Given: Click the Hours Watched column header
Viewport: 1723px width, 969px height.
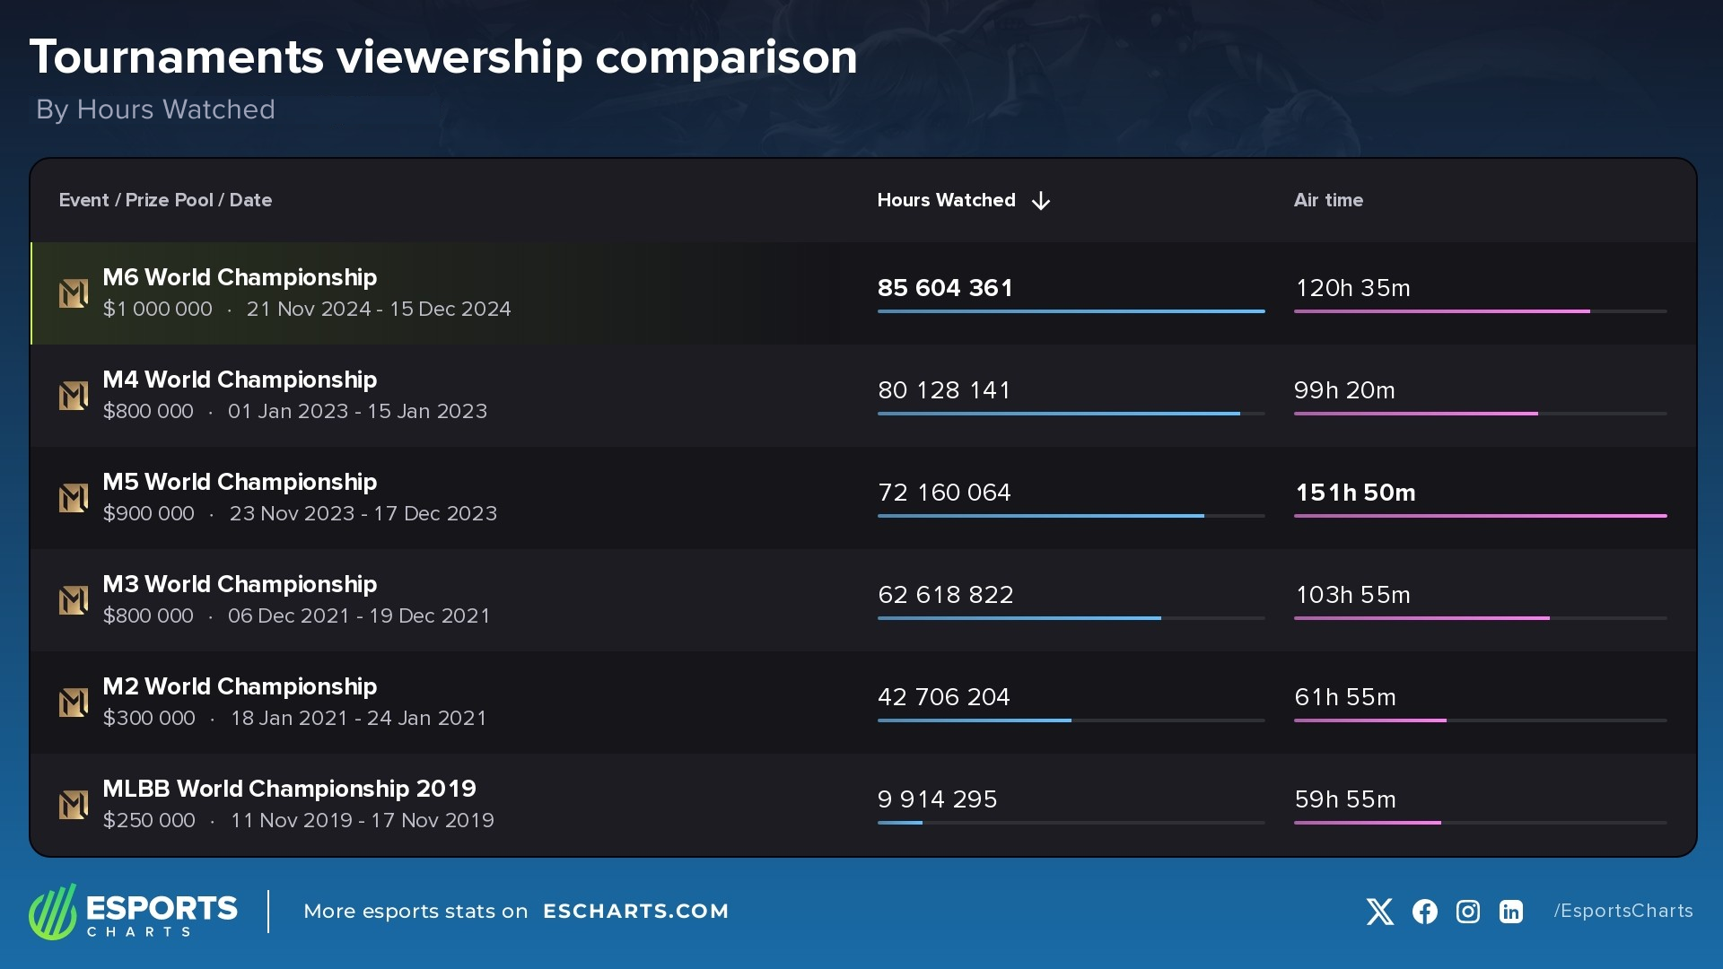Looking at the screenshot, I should pyautogui.click(x=946, y=200).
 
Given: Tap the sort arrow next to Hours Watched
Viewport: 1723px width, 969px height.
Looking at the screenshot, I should pyautogui.click(x=1041, y=201).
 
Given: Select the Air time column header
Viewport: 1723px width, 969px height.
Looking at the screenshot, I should pyautogui.click(x=1328, y=200).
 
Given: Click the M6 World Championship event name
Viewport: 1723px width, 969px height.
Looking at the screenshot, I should pyautogui.click(x=240, y=277).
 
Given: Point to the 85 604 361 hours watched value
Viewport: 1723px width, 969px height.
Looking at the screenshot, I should pyautogui.click(x=945, y=288).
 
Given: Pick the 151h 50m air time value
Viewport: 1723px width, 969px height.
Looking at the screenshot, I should pyautogui.click(x=1355, y=493).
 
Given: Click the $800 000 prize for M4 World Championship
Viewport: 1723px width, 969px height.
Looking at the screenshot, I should pyautogui.click(x=148, y=411).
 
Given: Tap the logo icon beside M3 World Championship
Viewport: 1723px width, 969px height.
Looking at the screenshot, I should pyautogui.click(x=74, y=600).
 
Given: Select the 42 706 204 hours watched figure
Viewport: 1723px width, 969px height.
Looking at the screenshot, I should pyautogui.click(x=943, y=697).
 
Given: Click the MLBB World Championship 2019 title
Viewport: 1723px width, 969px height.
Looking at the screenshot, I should pyautogui.click(x=289, y=789).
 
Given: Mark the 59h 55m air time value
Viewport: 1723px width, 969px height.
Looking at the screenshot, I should pyautogui.click(x=1345, y=799).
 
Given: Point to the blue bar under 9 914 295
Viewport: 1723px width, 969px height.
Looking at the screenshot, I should pyautogui.click(x=900, y=823).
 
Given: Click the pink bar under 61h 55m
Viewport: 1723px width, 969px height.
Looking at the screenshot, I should pyautogui.click(x=1369, y=720).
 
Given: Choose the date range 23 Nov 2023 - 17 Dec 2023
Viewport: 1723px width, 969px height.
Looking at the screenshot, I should pyautogui.click(x=363, y=513).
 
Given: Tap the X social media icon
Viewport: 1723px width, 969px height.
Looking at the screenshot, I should pyautogui.click(x=1380, y=912).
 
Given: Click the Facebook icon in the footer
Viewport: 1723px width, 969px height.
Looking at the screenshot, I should pyautogui.click(x=1424, y=912).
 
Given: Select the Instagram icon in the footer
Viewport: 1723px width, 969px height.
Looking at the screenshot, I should pyautogui.click(x=1468, y=912).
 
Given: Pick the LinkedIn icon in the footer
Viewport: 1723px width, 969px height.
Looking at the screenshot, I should pyautogui.click(x=1511, y=912).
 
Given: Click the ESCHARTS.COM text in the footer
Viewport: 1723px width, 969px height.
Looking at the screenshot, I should pyautogui.click(x=635, y=912).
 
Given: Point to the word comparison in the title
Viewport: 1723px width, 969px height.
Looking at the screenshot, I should pyautogui.click(x=726, y=57).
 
